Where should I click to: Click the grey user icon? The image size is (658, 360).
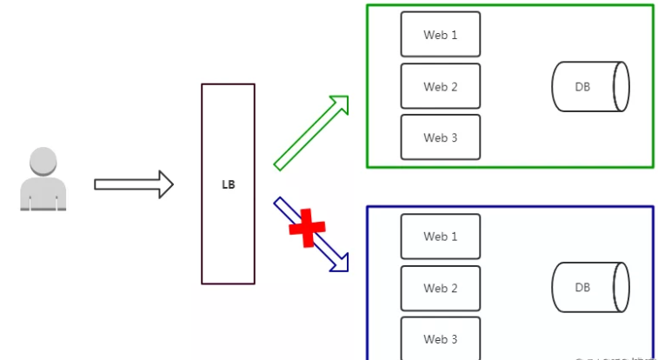click(x=43, y=180)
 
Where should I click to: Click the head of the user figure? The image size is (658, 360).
click(x=43, y=162)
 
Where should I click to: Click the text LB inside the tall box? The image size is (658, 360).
click(x=228, y=184)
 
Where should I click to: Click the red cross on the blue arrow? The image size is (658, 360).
click(x=306, y=228)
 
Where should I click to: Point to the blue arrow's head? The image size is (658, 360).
click(x=342, y=263)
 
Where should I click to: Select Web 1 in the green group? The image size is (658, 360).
click(x=440, y=35)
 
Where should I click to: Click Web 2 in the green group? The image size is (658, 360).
click(x=440, y=86)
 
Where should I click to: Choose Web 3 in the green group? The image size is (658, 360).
click(x=440, y=137)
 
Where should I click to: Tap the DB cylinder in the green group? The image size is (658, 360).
click(x=590, y=86)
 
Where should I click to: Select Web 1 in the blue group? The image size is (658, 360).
click(x=440, y=237)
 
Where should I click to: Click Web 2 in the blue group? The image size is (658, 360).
click(x=440, y=288)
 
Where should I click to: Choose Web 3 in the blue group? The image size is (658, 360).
click(x=440, y=338)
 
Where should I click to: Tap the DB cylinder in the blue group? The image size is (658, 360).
click(x=590, y=288)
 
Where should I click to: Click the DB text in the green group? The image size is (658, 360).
click(x=582, y=86)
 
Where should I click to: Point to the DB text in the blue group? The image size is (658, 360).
click(x=582, y=288)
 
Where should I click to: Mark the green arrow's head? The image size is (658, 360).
click(x=340, y=103)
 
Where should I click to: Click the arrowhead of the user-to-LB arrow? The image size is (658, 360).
click(x=166, y=184)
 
